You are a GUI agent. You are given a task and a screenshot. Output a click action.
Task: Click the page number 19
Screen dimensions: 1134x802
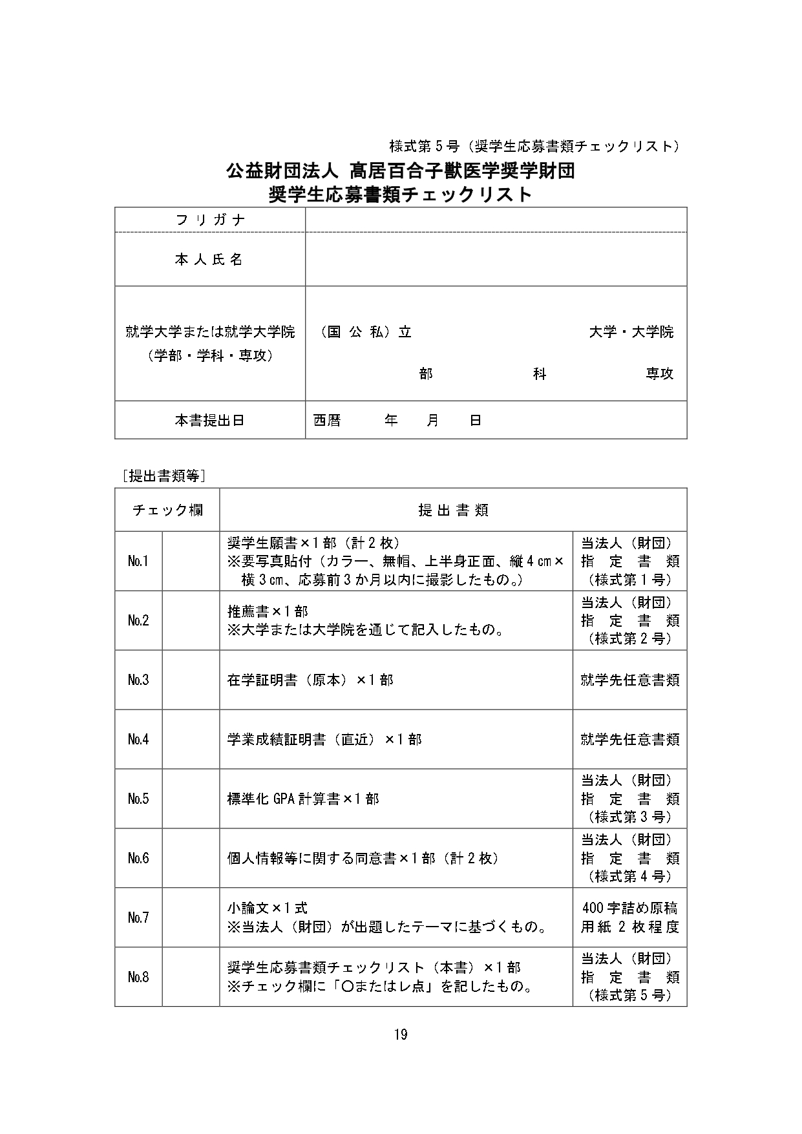pyautogui.click(x=400, y=1034)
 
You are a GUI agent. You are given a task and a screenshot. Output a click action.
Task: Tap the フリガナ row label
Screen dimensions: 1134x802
pyautogui.click(x=210, y=220)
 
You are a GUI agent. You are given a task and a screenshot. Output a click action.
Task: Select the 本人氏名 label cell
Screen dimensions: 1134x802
pyautogui.click(x=210, y=259)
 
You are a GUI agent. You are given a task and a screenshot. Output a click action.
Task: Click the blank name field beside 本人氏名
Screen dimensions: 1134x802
pyautogui.click(x=496, y=259)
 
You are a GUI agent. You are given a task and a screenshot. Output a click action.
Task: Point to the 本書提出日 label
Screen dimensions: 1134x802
pyautogui.click(x=210, y=420)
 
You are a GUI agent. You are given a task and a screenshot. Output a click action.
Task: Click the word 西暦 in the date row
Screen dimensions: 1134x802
pyautogui.click(x=327, y=421)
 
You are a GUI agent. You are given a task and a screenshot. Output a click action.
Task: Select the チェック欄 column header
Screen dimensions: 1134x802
pyautogui.click(x=167, y=510)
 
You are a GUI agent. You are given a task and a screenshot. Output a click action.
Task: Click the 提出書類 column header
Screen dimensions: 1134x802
pyautogui.click(x=453, y=510)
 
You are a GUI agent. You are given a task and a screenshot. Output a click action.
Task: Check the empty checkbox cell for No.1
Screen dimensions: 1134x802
pyautogui.click(x=191, y=561)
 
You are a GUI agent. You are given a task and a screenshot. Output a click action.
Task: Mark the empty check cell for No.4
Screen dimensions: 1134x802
pyautogui.click(x=191, y=739)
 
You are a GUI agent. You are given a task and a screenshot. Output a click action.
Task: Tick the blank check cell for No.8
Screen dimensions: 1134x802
pyautogui.click(x=191, y=977)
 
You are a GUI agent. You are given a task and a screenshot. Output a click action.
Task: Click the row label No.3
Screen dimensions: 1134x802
pyautogui.click(x=138, y=680)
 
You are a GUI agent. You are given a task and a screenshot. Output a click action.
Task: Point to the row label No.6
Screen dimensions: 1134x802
pyautogui.click(x=138, y=858)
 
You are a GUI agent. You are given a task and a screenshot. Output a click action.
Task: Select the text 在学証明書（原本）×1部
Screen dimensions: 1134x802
pyautogui.click(x=310, y=680)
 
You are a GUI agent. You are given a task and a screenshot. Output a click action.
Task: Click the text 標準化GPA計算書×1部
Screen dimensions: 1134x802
pyautogui.click(x=303, y=799)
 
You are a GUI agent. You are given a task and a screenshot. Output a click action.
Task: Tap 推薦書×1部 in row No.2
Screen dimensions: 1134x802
pyautogui.click(x=268, y=611)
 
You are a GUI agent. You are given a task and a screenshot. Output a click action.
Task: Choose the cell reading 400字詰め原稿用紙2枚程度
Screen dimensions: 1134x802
pyautogui.click(x=629, y=918)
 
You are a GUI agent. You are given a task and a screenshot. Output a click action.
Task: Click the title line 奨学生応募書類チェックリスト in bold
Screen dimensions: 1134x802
pyautogui.click(x=400, y=194)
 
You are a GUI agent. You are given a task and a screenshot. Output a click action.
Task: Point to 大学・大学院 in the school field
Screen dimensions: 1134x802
pyautogui.click(x=631, y=332)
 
